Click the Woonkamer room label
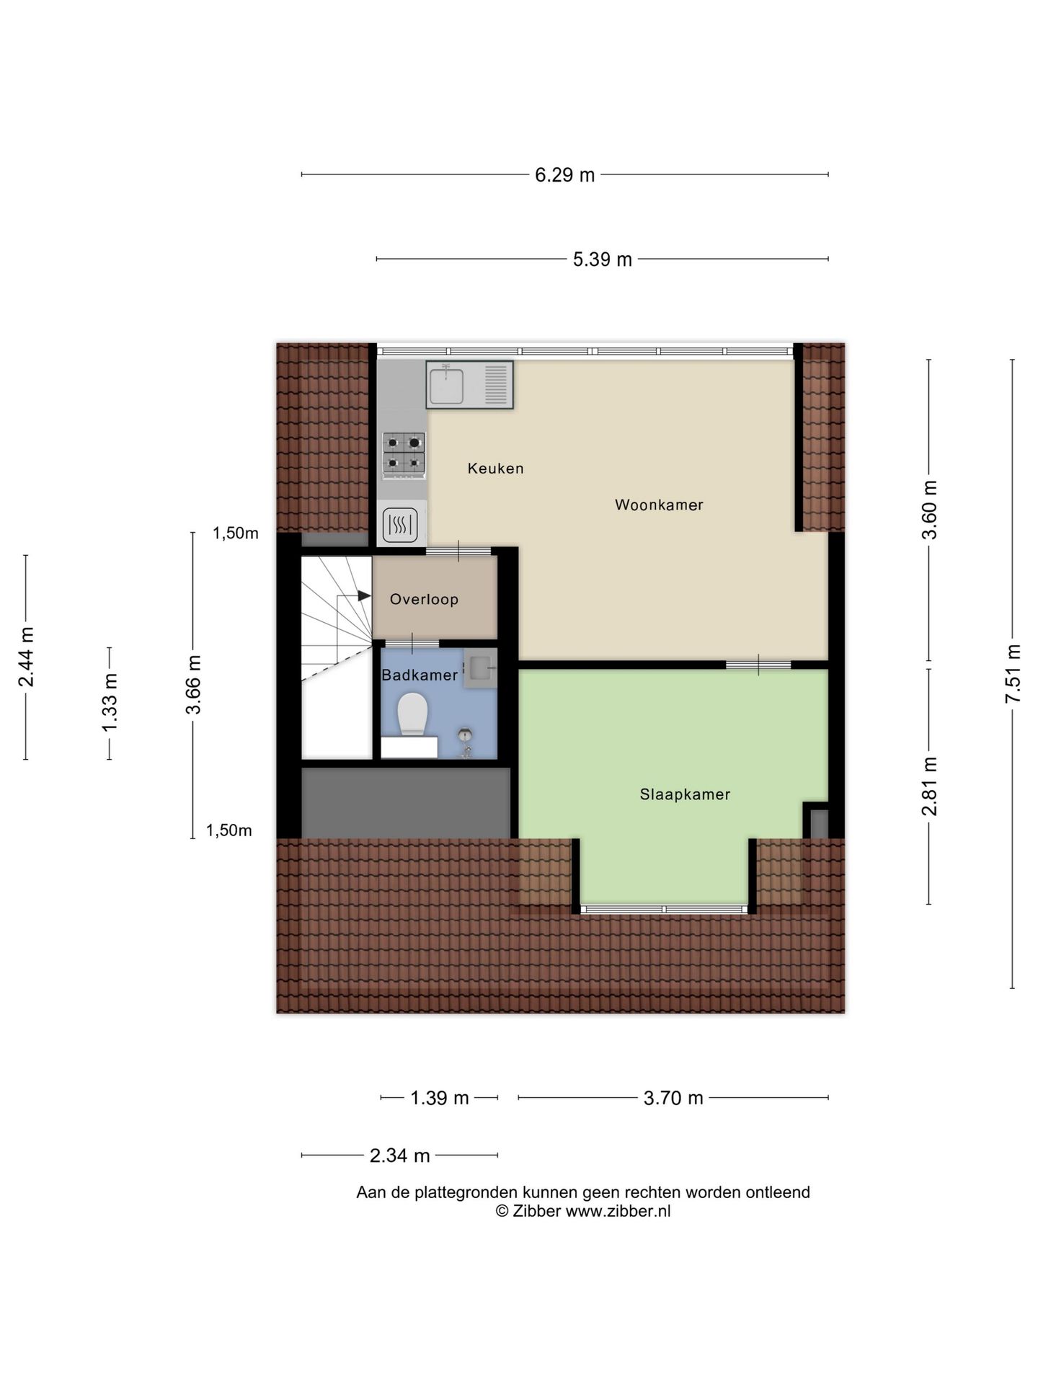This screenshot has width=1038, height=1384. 658,505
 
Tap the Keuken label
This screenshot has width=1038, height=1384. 495,469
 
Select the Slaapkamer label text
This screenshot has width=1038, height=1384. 685,794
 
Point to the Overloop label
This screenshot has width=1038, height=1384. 424,599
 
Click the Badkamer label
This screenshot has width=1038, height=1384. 420,675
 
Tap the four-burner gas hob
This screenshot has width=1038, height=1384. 404,453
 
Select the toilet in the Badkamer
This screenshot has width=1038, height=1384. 412,714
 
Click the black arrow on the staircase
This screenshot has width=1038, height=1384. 364,595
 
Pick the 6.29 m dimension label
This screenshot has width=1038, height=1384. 564,175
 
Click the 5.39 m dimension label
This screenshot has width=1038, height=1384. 602,259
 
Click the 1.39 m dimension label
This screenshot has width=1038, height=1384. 439,1098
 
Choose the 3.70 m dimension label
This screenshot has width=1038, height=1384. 673,1098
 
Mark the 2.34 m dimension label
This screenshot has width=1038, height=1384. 399,1156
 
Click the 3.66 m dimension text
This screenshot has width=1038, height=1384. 193,685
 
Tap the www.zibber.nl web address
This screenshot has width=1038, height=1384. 618,1211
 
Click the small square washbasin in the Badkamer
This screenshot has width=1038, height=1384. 479,665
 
